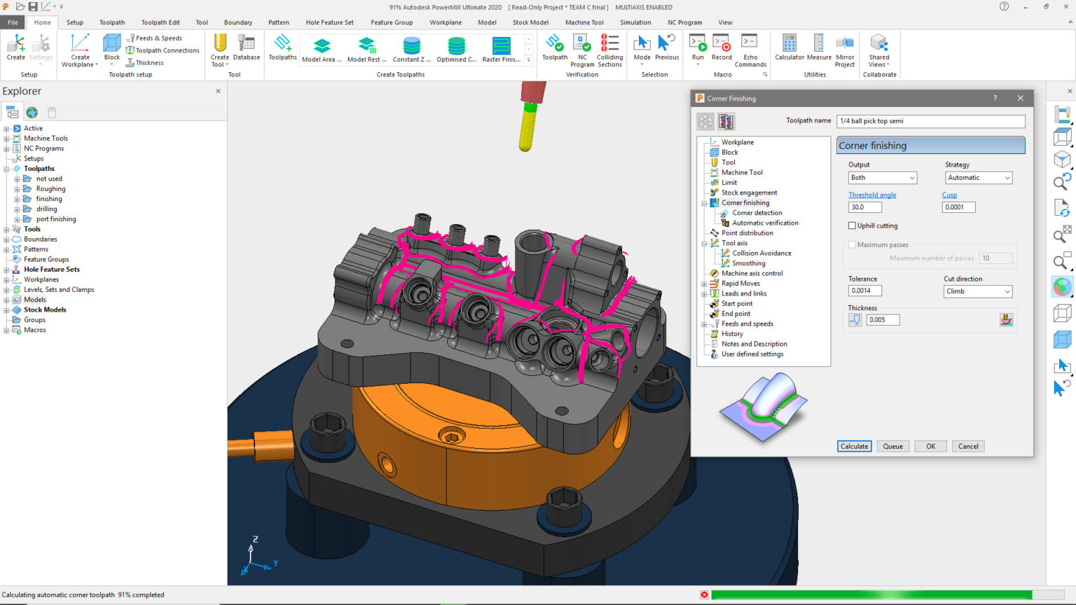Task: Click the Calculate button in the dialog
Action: (x=854, y=446)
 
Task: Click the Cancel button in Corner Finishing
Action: (x=968, y=446)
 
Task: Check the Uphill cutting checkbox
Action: (x=853, y=225)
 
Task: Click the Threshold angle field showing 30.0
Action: (x=864, y=207)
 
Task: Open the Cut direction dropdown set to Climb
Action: (x=977, y=291)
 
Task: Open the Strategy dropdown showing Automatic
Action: (x=978, y=178)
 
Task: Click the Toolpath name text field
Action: (x=930, y=121)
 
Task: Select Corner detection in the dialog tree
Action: (x=757, y=213)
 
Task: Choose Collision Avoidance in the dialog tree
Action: (x=761, y=253)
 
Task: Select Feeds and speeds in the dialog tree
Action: (x=747, y=324)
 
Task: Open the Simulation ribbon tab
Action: (x=635, y=22)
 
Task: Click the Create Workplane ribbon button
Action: (x=80, y=50)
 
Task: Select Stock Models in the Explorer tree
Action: (x=45, y=310)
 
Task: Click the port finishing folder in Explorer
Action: (x=56, y=219)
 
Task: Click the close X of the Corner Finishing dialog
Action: (x=1020, y=98)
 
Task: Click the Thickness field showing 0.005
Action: (x=882, y=320)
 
